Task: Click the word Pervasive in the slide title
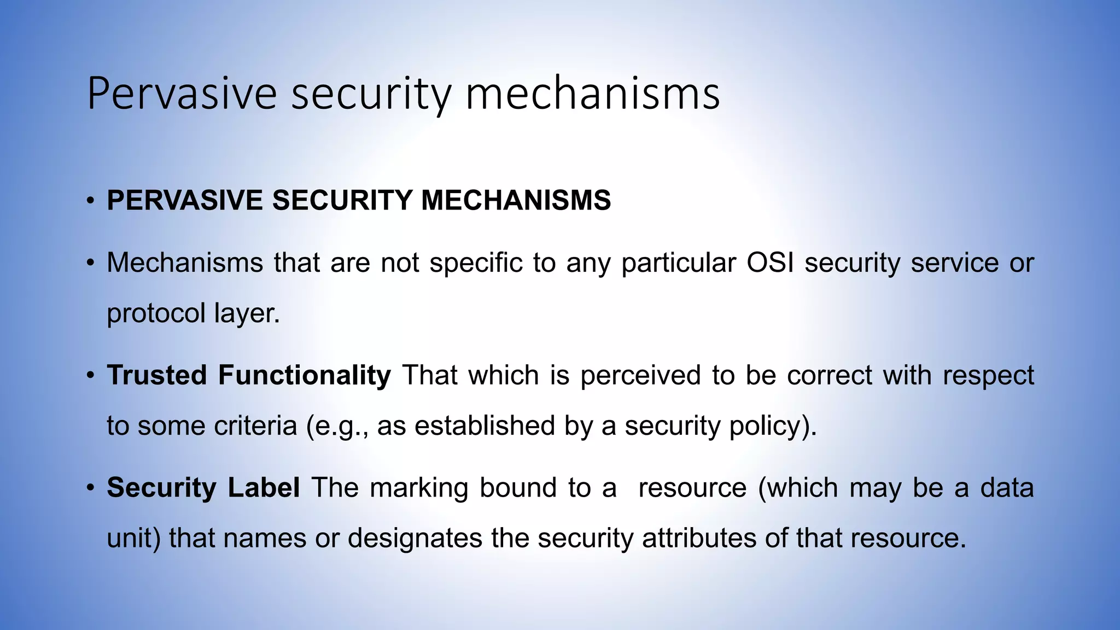click(x=182, y=94)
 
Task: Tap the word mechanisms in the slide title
click(x=592, y=94)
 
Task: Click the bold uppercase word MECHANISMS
click(x=516, y=200)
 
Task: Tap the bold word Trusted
click(x=157, y=376)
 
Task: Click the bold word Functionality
click(x=305, y=376)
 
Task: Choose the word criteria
click(x=255, y=426)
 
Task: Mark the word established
click(x=485, y=426)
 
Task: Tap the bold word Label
click(x=264, y=488)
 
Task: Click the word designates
click(x=415, y=539)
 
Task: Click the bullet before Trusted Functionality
click(x=91, y=376)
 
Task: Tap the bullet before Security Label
click(x=91, y=488)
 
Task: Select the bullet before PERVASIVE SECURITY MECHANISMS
click(x=91, y=201)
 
